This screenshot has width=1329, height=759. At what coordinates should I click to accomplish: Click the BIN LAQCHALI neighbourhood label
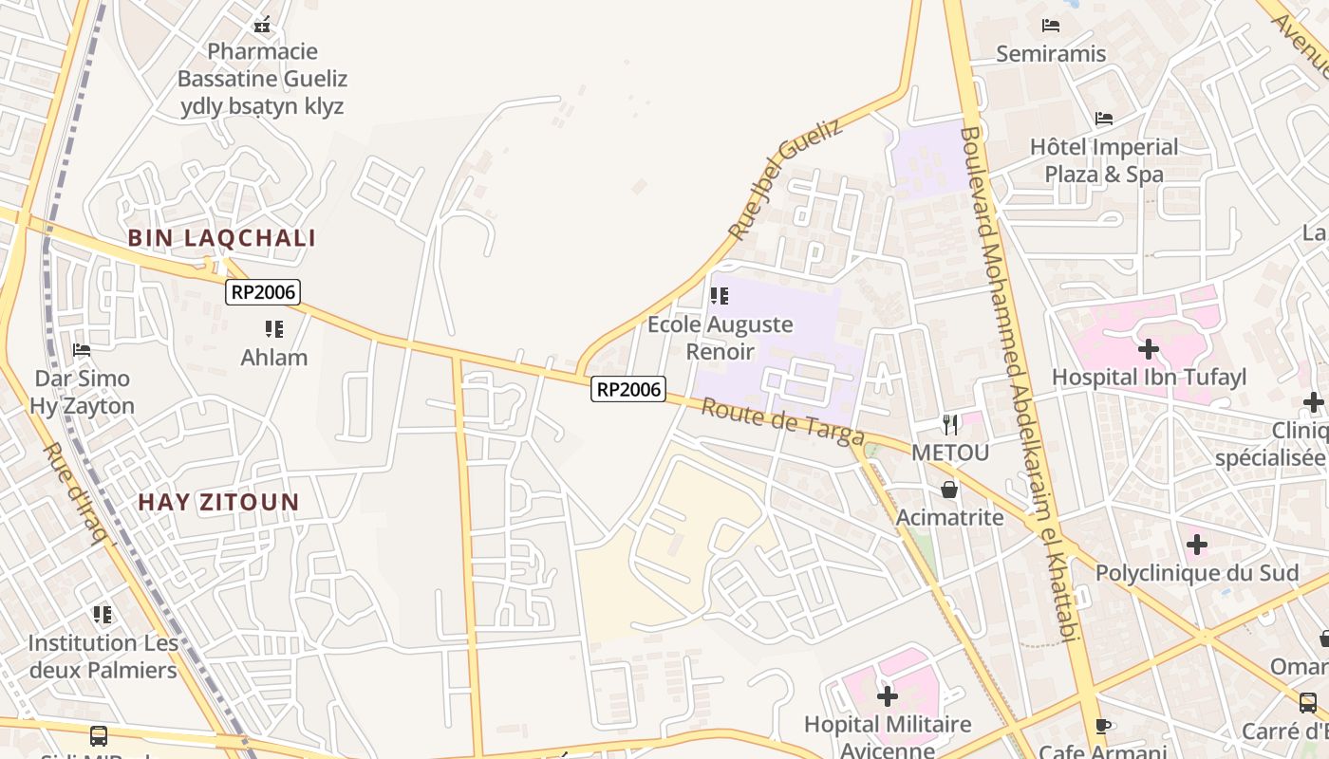(222, 238)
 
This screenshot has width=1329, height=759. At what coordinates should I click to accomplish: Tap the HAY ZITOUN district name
(219, 502)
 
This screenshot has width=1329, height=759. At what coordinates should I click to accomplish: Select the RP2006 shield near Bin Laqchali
(263, 292)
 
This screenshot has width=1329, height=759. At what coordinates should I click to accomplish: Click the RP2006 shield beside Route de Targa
(628, 389)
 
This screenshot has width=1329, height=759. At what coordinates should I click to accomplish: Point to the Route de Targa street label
(783, 422)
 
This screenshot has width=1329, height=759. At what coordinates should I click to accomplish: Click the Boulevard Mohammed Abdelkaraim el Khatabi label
(1021, 384)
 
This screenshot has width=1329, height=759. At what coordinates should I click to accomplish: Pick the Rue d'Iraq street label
(77, 493)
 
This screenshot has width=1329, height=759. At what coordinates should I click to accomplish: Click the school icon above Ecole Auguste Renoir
(720, 296)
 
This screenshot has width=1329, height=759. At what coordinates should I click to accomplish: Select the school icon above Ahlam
(274, 329)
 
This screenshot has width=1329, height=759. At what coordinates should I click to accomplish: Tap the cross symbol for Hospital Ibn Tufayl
(1149, 349)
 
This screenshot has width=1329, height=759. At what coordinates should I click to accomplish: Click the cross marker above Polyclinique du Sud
(1197, 545)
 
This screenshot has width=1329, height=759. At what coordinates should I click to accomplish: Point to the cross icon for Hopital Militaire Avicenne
(888, 696)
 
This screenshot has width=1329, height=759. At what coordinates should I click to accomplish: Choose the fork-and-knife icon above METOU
(950, 424)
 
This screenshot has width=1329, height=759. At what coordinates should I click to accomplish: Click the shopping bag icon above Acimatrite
(949, 490)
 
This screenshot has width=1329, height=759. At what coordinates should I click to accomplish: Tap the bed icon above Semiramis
(1050, 26)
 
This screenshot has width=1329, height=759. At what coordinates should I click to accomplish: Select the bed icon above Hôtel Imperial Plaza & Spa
(1104, 119)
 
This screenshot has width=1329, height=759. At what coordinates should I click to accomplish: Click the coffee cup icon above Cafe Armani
(1102, 727)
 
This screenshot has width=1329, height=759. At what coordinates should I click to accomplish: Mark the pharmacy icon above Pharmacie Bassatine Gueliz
(262, 25)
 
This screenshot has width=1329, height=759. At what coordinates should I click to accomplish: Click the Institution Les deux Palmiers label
(103, 657)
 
